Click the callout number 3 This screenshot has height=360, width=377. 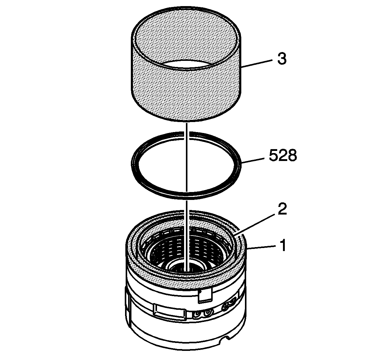click(x=282, y=59)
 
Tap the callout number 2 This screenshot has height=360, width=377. click(x=282, y=209)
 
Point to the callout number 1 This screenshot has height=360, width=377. click(x=283, y=245)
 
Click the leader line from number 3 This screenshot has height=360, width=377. click(x=257, y=64)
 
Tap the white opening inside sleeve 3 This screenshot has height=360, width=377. click(x=186, y=65)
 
